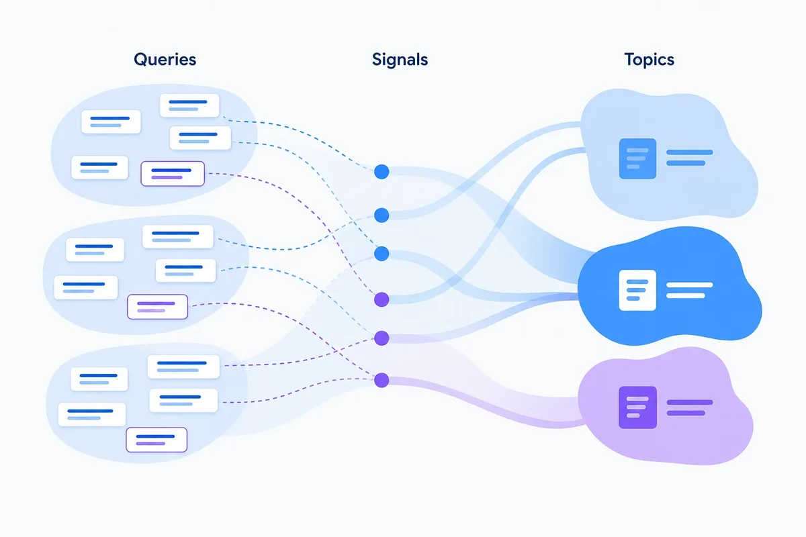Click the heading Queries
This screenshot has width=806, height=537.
click(x=165, y=60)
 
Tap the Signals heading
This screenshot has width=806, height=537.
click(x=400, y=60)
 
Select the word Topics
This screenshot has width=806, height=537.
click(x=649, y=60)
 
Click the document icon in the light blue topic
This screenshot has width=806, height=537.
click(x=637, y=158)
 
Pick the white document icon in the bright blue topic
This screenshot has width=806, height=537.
click(x=637, y=290)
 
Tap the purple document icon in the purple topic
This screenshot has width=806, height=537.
click(x=637, y=407)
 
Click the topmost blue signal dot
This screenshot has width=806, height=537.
click(x=382, y=172)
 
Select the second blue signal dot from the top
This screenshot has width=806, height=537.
click(x=382, y=215)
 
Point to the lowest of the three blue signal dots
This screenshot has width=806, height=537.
click(x=382, y=254)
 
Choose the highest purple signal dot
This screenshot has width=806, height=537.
click(x=382, y=299)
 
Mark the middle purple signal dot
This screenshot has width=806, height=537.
click(x=382, y=338)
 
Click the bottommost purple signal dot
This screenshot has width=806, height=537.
click(x=382, y=380)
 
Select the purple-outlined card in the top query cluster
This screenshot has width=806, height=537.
click(x=173, y=174)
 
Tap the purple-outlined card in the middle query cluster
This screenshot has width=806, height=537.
click(x=158, y=307)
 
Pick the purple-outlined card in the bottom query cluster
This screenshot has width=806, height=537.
click(x=156, y=440)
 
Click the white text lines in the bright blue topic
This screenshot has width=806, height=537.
click(x=689, y=290)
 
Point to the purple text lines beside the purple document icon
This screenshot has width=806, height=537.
click(x=689, y=407)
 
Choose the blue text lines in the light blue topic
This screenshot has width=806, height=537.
click(x=689, y=158)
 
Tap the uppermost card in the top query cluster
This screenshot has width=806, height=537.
click(x=189, y=105)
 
